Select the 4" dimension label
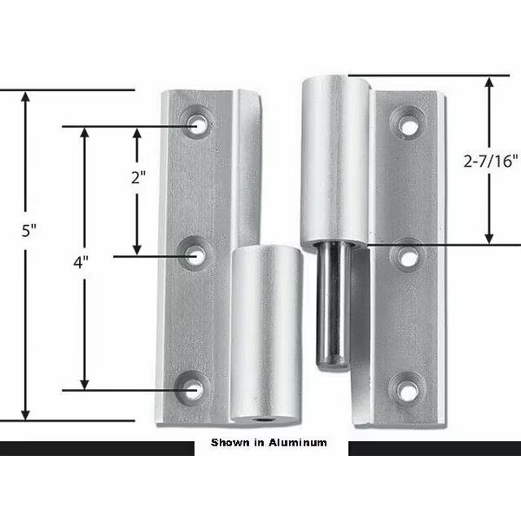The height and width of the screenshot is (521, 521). pos(82,262)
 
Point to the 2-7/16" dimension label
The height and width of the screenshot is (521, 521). pos(491,160)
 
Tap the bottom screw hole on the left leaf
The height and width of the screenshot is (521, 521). pos(195,389)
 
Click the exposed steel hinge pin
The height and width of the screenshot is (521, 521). pos(330,304)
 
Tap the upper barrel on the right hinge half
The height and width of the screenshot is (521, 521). pos(334,161)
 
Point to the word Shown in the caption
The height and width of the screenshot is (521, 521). pos(229,443)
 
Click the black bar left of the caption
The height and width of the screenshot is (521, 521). pos(96,448)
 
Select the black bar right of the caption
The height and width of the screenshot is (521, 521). pos(434,448)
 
